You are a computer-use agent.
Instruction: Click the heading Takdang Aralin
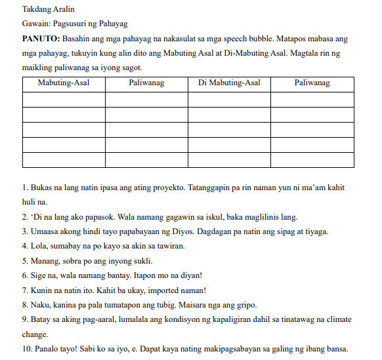[x=47, y=10]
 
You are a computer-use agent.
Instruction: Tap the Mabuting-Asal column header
[x=64, y=83]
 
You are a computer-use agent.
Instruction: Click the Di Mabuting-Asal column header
[x=229, y=83]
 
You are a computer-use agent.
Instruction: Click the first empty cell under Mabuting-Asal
[x=64, y=99]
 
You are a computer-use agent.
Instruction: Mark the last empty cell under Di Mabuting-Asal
[x=229, y=159]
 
